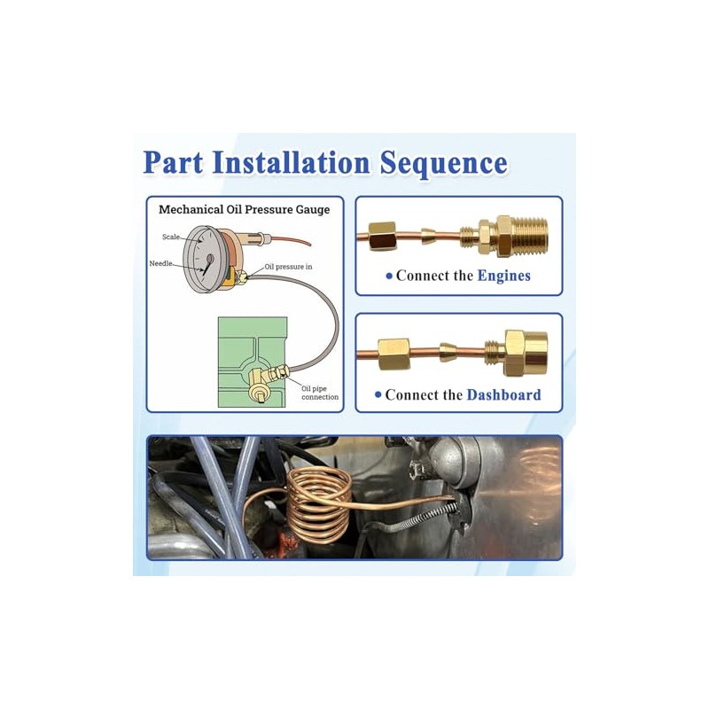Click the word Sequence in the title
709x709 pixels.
click(x=443, y=164)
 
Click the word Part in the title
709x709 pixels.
click(x=173, y=162)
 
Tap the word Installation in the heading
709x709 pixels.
click(x=292, y=162)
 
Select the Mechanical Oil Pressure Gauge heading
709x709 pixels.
click(x=245, y=209)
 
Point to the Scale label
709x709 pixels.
click(x=171, y=237)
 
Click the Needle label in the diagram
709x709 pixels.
click(x=161, y=263)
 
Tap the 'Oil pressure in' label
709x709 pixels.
click(x=288, y=267)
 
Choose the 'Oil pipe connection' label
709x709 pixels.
click(x=320, y=393)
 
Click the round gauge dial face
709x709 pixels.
click(x=201, y=259)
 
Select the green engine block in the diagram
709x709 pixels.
click(x=253, y=362)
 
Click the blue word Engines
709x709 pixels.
click(x=503, y=276)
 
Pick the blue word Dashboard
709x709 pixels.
click(x=503, y=394)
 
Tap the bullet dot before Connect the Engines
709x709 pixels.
click(x=389, y=276)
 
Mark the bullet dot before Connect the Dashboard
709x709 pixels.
click(x=378, y=394)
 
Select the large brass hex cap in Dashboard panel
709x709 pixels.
click(x=526, y=354)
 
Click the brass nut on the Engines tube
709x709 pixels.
click(x=382, y=236)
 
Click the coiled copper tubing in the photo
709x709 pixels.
click(x=319, y=504)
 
